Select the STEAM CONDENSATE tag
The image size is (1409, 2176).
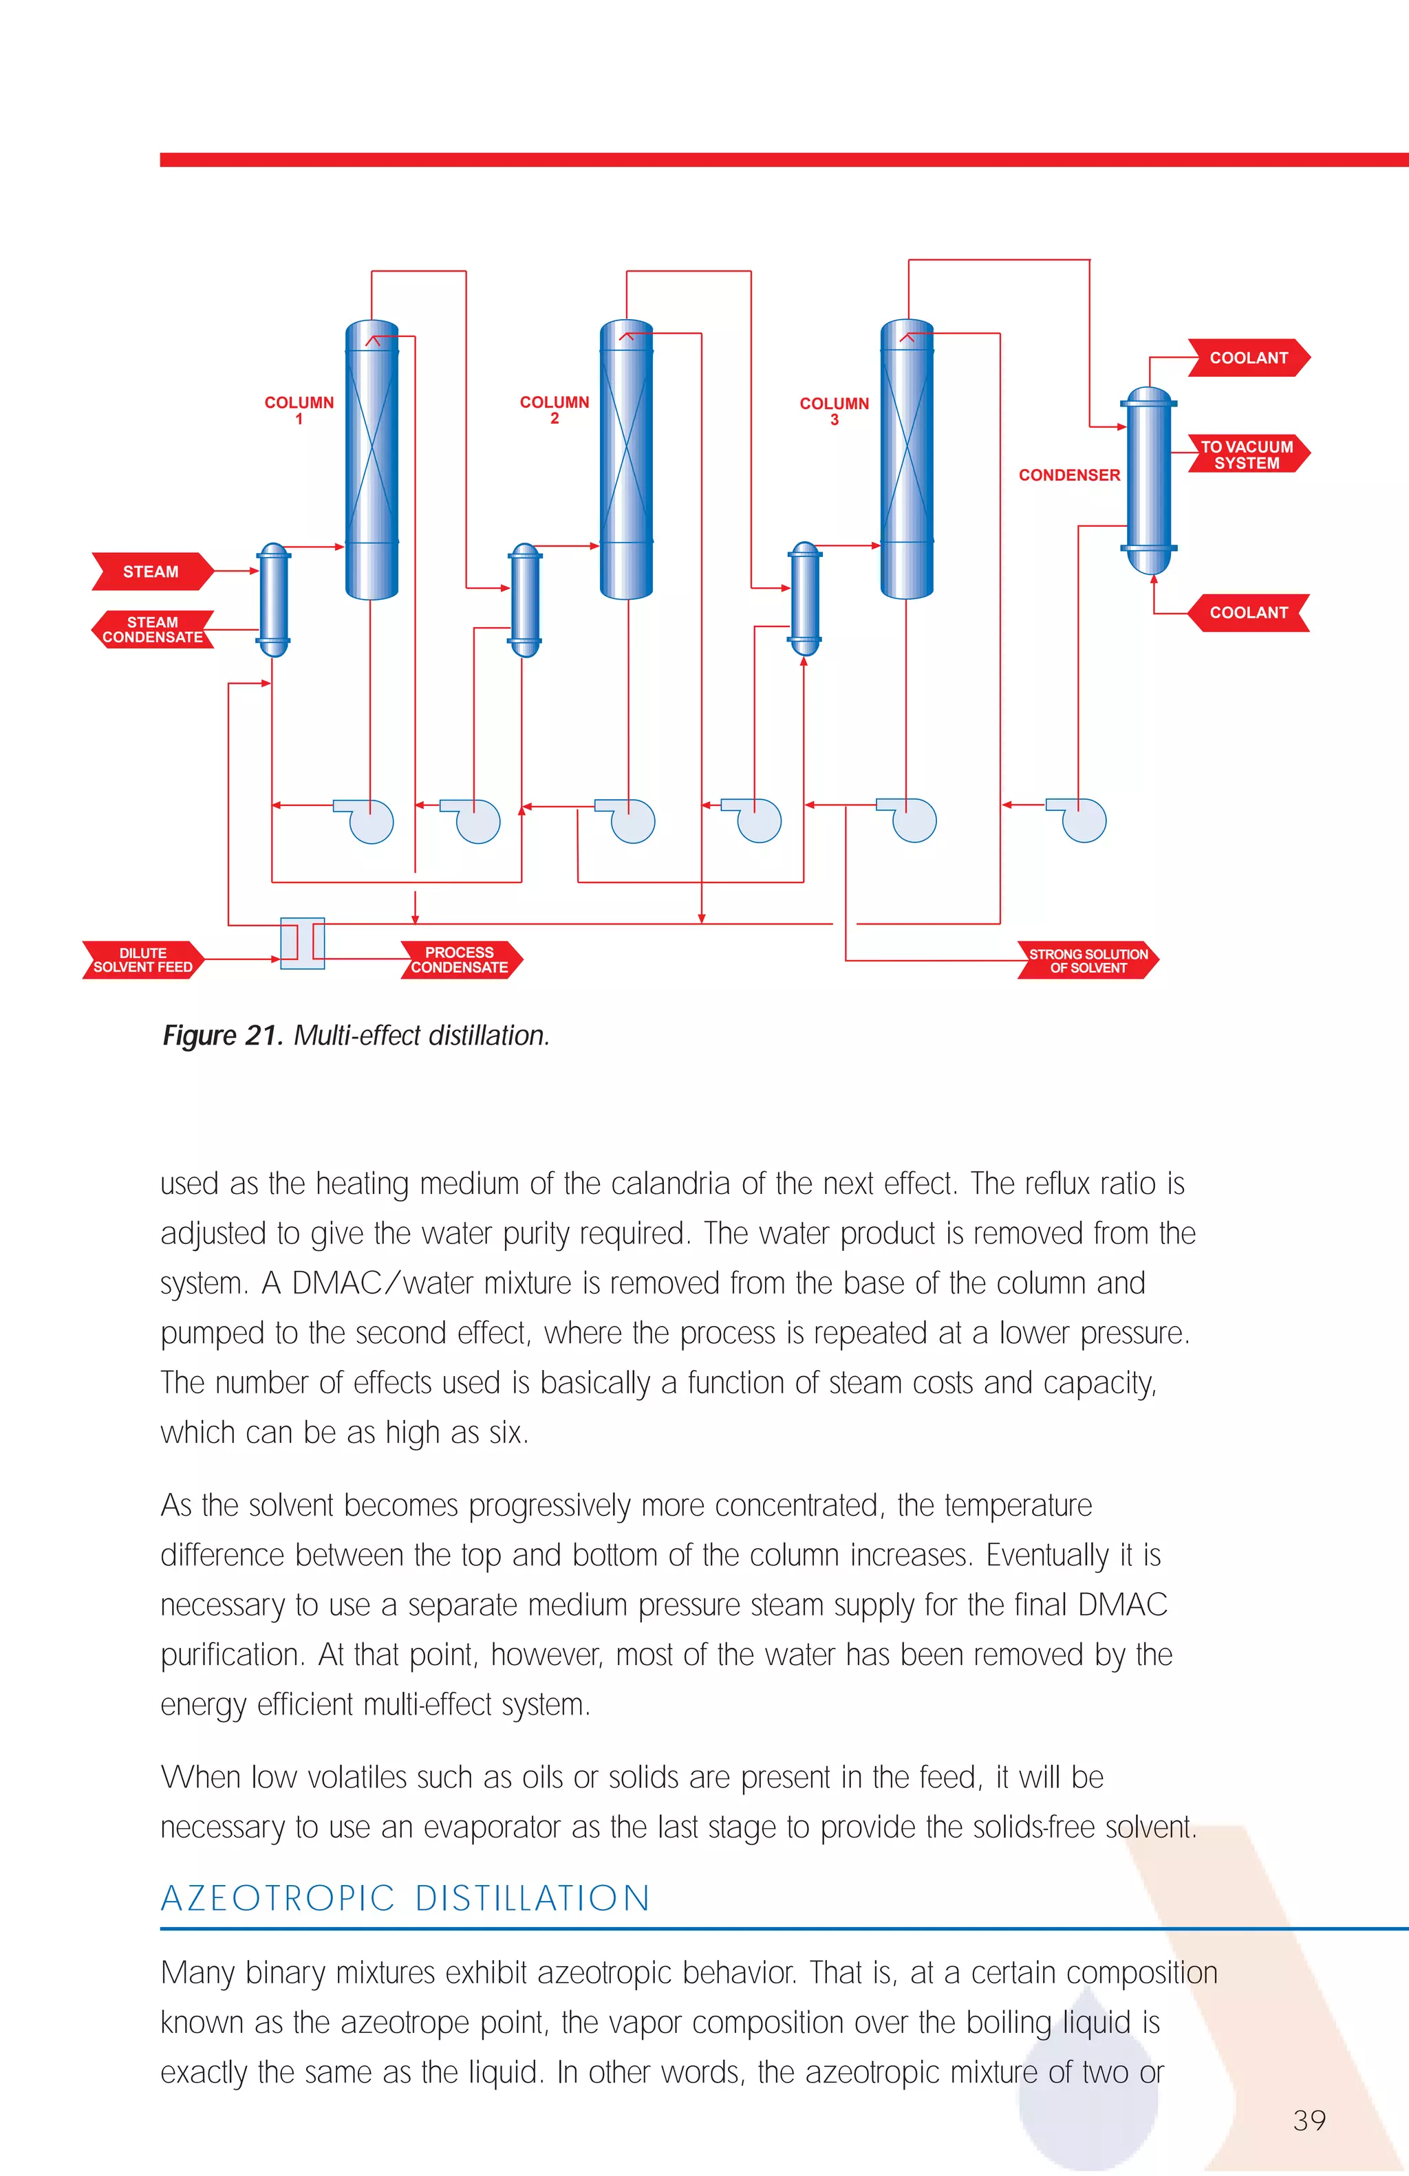[x=153, y=630]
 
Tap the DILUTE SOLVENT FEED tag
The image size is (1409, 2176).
[x=142, y=960]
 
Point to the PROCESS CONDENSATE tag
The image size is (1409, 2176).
[x=460, y=960]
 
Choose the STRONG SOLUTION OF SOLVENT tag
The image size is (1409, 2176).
[x=1088, y=961]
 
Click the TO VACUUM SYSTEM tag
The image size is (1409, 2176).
[x=1248, y=455]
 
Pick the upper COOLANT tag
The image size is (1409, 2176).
[x=1248, y=358]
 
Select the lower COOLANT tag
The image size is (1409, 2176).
[x=1248, y=613]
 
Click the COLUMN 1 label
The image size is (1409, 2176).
[x=299, y=411]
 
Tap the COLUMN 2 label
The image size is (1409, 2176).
[x=554, y=410]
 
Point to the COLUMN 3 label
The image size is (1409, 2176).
[x=834, y=411]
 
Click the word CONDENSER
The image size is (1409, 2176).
[x=1069, y=475]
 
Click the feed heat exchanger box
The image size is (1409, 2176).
[x=302, y=943]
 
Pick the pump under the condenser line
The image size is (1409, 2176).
[x=1081, y=819]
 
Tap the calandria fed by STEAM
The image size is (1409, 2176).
[x=273, y=600]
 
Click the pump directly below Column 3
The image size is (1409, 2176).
[x=911, y=819]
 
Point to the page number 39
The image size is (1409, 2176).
[x=1309, y=2120]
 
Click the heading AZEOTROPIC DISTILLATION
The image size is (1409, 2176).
[x=405, y=1899]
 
